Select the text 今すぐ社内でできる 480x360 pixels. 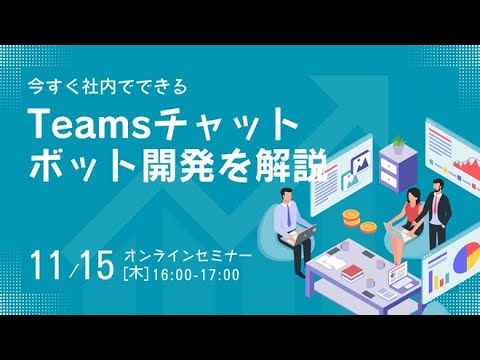click(108, 87)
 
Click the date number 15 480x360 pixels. click(97, 265)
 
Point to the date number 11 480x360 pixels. click(47, 265)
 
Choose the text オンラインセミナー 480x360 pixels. click(188, 256)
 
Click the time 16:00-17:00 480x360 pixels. click(196, 275)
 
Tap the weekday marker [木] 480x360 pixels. click(136, 275)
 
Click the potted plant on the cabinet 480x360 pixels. click(398, 144)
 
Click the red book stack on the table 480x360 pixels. click(352, 272)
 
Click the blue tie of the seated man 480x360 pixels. click(289, 215)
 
